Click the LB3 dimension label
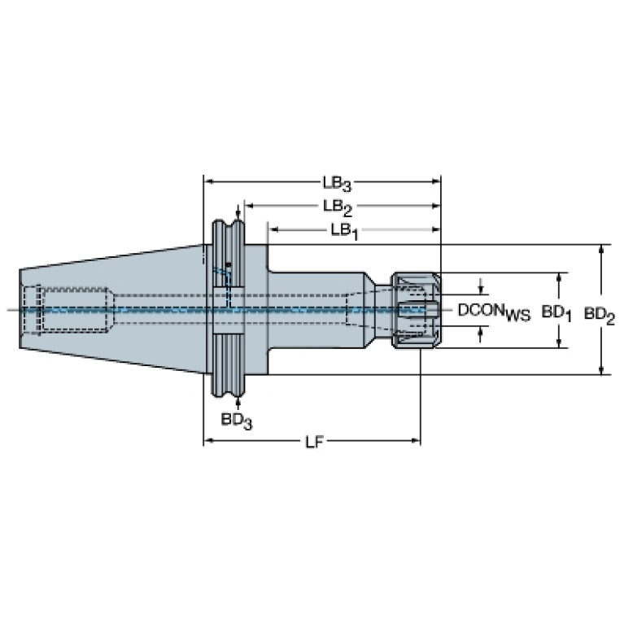pyautogui.click(x=337, y=184)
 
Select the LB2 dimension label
pyautogui.click(x=338, y=207)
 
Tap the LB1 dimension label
pyautogui.click(x=345, y=231)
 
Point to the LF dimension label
pyautogui.click(x=313, y=442)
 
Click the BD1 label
pyautogui.click(x=556, y=313)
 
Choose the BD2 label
pyautogui.click(x=600, y=316)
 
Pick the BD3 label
pyautogui.click(x=237, y=421)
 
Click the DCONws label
pyautogui.click(x=495, y=312)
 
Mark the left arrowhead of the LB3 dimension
pyautogui.click(x=207, y=182)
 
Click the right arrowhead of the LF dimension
pyautogui.click(x=417, y=440)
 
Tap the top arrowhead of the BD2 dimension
pyautogui.click(x=602, y=248)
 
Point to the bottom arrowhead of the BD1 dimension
pyautogui.click(x=559, y=343)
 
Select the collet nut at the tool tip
pyautogui.click(x=417, y=310)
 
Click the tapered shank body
pyautogui.click(x=111, y=309)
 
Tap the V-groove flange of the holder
pyautogui.click(x=228, y=308)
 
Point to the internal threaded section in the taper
pyautogui.click(x=75, y=309)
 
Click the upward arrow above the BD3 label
pyautogui.click(x=238, y=404)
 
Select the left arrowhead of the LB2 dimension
pyautogui.click(x=249, y=206)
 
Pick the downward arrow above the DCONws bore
pyautogui.click(x=481, y=287)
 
